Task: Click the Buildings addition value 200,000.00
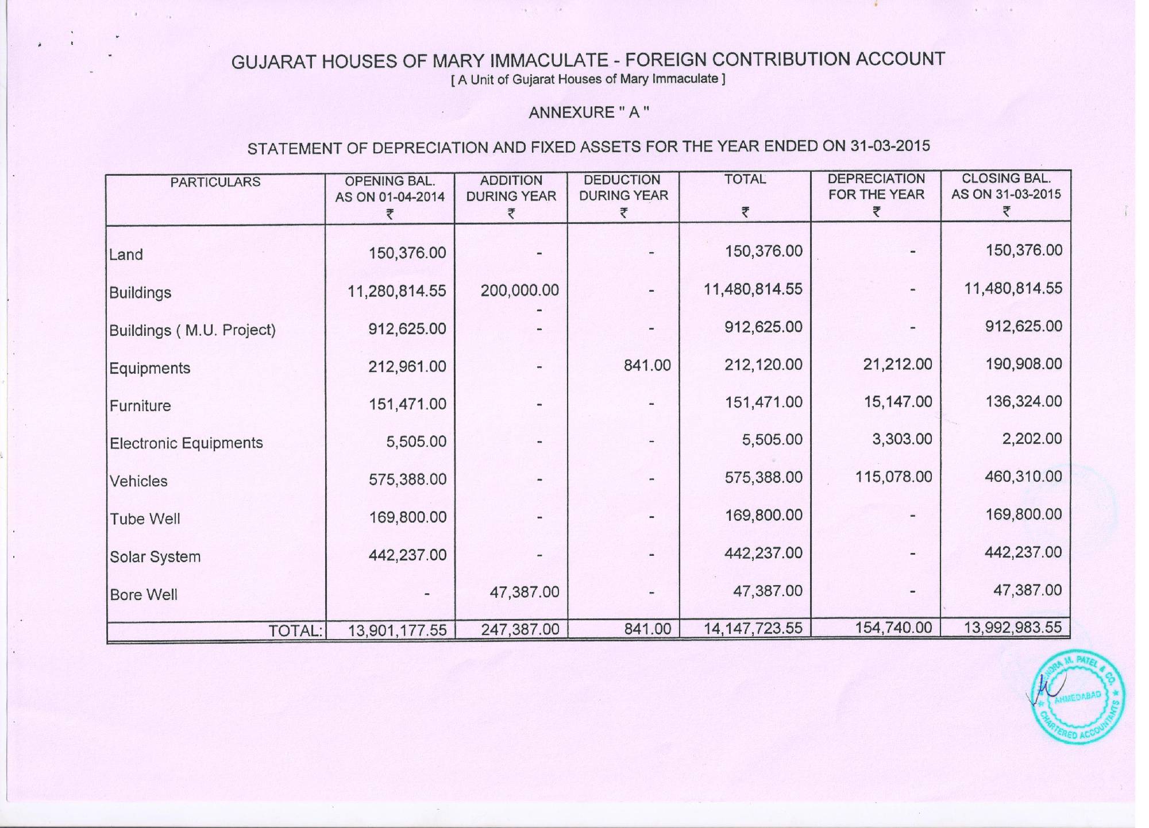point(519,291)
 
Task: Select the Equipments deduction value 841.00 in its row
point(647,365)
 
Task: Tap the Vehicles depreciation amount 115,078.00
point(893,477)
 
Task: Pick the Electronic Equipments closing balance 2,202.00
point(1032,439)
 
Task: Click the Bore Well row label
point(144,595)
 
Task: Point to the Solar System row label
point(155,557)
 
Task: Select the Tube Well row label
point(145,519)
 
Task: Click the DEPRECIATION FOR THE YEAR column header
point(876,187)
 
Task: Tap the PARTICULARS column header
point(215,182)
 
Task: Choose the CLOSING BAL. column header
point(1006,186)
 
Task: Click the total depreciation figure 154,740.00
point(893,627)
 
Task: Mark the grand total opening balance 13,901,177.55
point(397,630)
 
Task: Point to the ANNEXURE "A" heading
point(588,113)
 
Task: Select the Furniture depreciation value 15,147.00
point(897,401)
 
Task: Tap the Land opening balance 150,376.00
point(407,253)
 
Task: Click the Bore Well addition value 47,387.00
point(524,592)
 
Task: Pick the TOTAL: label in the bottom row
point(295,630)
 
